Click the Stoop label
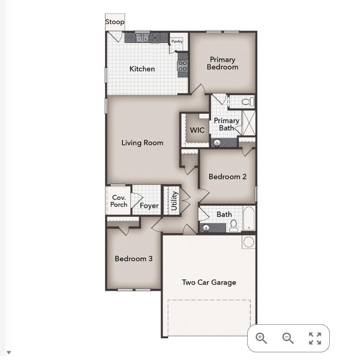(115, 22)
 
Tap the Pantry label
(177, 42)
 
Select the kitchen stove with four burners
(183, 66)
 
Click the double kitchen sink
(142, 38)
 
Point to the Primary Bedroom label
(222, 63)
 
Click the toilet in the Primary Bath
(247, 101)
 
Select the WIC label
(197, 130)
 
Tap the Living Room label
(142, 143)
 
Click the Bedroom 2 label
(227, 177)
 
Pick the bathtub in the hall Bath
(250, 219)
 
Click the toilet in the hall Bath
(234, 225)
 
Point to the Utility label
(174, 200)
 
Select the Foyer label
(149, 206)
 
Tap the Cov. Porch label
(119, 201)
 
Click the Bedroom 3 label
(133, 259)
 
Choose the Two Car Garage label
(209, 282)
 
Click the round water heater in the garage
(249, 242)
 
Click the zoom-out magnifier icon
(288, 338)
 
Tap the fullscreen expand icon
(315, 338)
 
